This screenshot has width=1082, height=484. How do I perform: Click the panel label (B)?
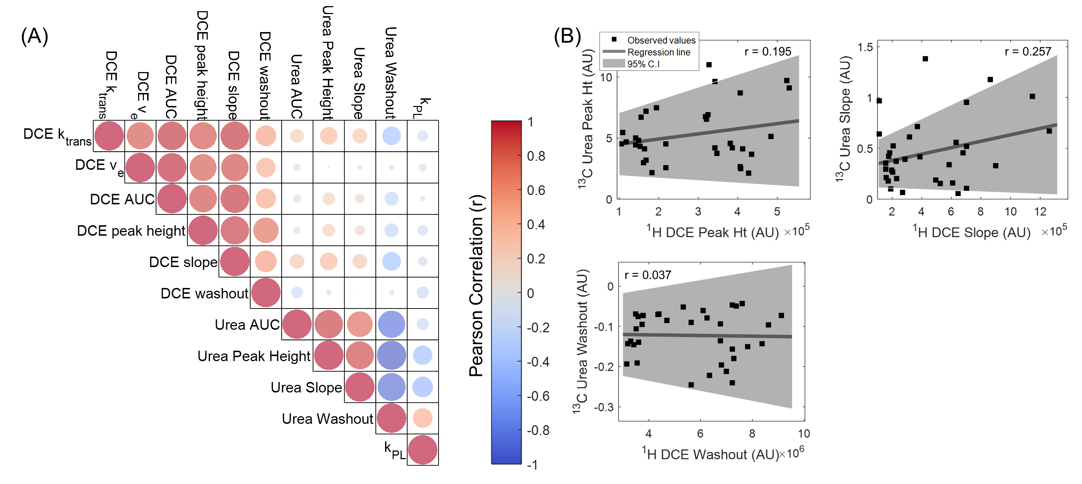click(567, 36)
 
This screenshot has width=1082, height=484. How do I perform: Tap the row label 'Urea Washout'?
click(327, 418)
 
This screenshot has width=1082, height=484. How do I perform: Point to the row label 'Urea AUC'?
click(247, 324)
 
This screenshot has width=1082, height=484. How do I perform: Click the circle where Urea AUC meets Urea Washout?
click(391, 324)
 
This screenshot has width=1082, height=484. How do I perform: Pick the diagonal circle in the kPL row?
click(423, 449)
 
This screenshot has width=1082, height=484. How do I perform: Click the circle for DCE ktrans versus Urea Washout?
click(391, 136)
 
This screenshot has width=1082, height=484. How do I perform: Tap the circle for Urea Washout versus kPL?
click(423, 418)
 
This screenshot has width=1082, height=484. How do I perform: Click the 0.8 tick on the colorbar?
click(536, 156)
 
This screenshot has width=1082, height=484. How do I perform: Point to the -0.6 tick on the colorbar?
click(538, 396)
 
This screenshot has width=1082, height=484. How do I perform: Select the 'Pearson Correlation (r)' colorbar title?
click(477, 285)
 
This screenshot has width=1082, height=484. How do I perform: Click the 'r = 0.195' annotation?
click(767, 51)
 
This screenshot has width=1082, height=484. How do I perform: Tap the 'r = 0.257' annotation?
click(1028, 51)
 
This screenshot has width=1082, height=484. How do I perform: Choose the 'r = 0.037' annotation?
click(648, 275)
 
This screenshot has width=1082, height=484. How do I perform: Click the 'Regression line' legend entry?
click(658, 52)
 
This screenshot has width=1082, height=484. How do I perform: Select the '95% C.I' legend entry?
click(643, 64)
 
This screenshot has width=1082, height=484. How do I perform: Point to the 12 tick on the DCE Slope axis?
click(1040, 212)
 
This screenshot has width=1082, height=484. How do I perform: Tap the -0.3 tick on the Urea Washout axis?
click(604, 407)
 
